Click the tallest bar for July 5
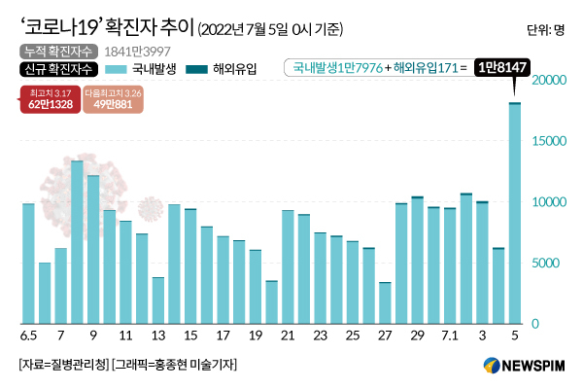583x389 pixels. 515,214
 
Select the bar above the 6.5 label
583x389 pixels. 28,264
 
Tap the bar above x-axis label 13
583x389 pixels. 158,301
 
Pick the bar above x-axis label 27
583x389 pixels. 385,302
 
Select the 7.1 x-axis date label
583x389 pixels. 450,336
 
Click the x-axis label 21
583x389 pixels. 288,336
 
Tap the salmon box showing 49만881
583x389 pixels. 113,100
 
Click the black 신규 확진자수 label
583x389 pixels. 57,69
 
